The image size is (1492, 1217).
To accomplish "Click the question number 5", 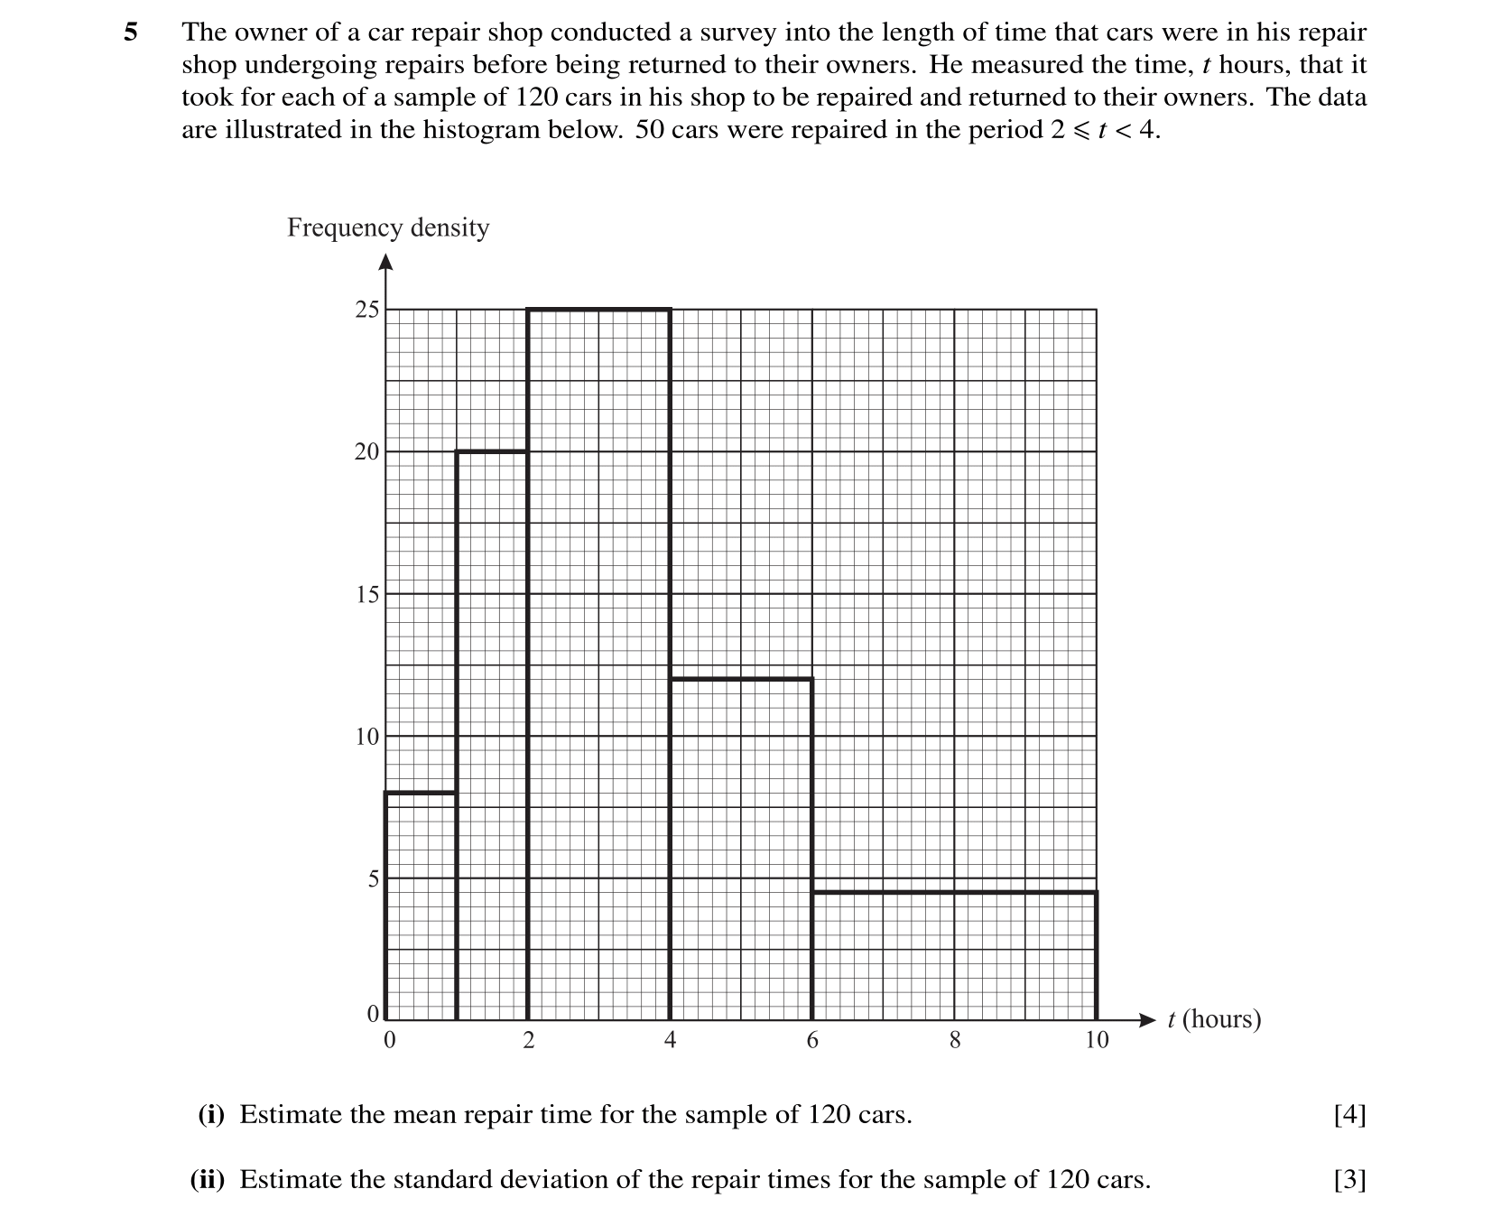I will (x=131, y=33).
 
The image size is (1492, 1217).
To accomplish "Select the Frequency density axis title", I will (x=388, y=228).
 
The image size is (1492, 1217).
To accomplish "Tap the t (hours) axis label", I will (x=1213, y=1019).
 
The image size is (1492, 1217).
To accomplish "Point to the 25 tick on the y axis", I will (x=367, y=310).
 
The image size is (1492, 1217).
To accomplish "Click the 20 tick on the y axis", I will (x=366, y=452).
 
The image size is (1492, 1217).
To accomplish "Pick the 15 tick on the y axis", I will (x=366, y=594).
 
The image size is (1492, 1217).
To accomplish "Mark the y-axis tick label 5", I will (x=373, y=878).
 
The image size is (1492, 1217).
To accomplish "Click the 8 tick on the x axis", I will (x=954, y=1041).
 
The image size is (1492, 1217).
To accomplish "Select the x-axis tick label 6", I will (x=812, y=1041).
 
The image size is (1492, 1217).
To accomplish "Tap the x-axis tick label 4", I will (x=670, y=1041).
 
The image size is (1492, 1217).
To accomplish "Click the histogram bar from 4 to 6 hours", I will (x=741, y=849).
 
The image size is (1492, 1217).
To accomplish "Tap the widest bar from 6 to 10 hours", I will (x=954, y=956).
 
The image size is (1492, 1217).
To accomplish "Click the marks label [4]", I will (x=1349, y=1115).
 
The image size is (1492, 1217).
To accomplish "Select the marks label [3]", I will (x=1349, y=1180).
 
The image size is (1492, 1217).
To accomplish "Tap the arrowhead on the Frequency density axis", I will (x=385, y=263).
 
